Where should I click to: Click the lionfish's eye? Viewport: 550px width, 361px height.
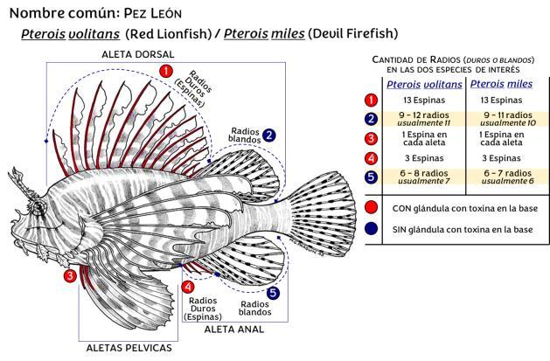[x=39, y=207]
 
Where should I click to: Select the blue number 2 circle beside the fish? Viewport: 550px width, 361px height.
[x=270, y=135]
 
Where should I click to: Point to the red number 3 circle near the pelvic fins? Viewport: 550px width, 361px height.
[x=70, y=276]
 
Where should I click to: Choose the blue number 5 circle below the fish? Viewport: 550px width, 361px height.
[x=273, y=293]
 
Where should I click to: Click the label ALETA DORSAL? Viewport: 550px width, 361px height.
[x=139, y=53]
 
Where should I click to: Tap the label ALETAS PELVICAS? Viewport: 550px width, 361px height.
[x=129, y=347]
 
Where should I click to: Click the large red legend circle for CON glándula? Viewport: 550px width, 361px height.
[x=373, y=209]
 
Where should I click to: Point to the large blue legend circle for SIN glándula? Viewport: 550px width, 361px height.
[x=373, y=229]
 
